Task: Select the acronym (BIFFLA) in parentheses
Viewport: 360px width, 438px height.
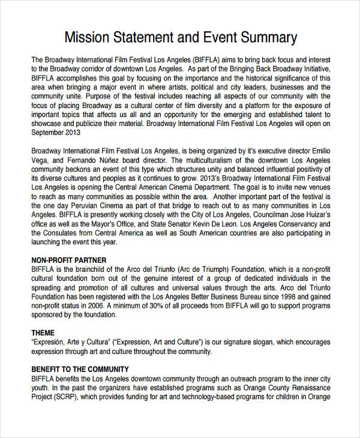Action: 209,60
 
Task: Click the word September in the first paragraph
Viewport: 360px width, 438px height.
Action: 48,132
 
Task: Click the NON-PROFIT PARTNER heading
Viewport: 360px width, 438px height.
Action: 68,260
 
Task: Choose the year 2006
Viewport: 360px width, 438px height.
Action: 109,305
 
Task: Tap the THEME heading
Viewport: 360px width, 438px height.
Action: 43,333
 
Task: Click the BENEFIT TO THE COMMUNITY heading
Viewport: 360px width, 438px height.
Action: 79,370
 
